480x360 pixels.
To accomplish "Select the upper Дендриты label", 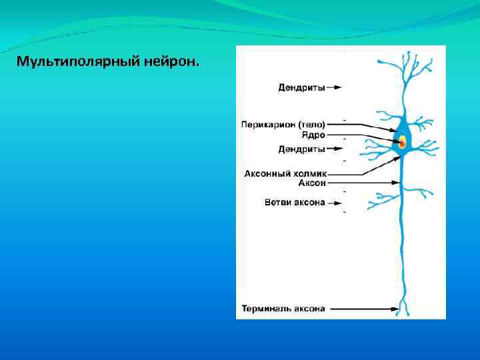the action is coord(301,87).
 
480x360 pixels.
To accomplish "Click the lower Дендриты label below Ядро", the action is coord(301,149).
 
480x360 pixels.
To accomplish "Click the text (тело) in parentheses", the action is coord(311,124).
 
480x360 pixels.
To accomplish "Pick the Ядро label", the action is coord(313,135).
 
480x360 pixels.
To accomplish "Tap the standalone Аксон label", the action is coord(311,183).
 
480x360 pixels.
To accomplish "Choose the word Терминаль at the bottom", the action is coord(265,309).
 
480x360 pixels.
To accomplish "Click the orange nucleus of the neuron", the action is coord(402,141).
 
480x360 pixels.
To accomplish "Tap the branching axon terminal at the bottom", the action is coord(403,308).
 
